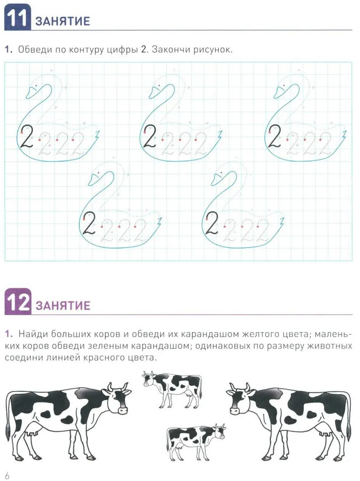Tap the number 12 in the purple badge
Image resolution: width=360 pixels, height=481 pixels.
[x=18, y=302]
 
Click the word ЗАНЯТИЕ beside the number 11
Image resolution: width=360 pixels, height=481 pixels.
[x=62, y=21]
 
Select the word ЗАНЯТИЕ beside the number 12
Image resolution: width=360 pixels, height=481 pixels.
[x=63, y=305]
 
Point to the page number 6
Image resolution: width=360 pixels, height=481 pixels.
[x=7, y=475]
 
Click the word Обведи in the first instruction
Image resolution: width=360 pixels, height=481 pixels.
[x=34, y=50]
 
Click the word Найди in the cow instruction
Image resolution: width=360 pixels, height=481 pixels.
[x=33, y=334]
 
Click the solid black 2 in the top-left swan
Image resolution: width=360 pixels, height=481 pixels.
[x=27, y=136]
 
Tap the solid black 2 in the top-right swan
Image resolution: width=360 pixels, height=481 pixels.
[x=275, y=136]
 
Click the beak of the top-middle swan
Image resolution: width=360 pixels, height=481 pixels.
[x=154, y=92]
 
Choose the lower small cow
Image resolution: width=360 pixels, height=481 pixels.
[x=196, y=441]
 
